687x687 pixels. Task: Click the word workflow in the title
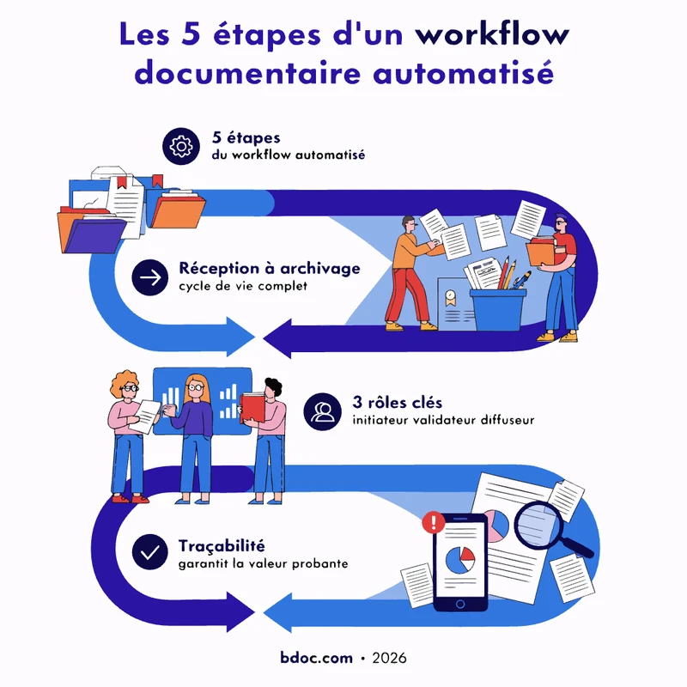pos(492,34)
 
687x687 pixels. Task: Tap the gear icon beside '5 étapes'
pos(181,146)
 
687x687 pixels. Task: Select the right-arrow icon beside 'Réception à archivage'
pos(149,277)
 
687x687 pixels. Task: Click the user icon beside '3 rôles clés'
pos(323,411)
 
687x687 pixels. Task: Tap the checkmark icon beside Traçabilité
pos(149,551)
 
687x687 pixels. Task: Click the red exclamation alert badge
pos(434,522)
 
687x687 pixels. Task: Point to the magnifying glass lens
pos(537,524)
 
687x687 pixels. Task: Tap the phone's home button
pos(460,605)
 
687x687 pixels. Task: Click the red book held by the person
pos(252,407)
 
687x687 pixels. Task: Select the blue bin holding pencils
pos(498,310)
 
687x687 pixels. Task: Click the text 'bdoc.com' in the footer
pos(316,658)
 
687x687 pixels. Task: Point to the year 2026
pos(389,658)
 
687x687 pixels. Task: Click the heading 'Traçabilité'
pos(222,546)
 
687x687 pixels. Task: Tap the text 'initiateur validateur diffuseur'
pos(443,420)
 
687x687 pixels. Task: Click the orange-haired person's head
pos(125,385)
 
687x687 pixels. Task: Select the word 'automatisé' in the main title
pos(463,73)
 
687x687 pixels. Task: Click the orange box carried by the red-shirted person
pos(540,252)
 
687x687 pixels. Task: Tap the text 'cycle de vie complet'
pos(243,286)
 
